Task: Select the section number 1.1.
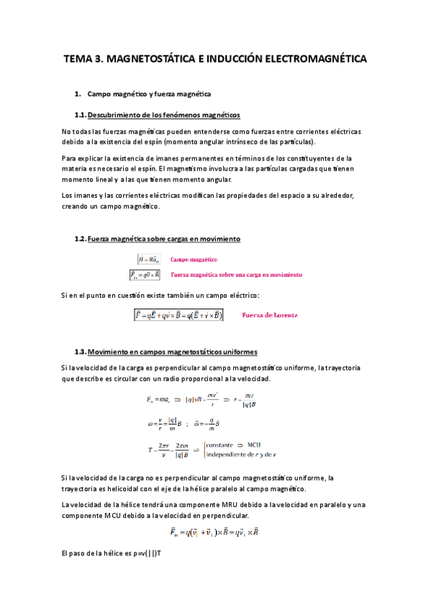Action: click(x=80, y=115)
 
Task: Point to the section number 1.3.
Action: click(x=80, y=351)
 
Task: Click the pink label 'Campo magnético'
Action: click(x=194, y=259)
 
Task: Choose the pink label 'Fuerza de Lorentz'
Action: click(x=270, y=314)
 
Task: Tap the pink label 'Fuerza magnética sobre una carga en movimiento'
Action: click(x=236, y=274)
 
